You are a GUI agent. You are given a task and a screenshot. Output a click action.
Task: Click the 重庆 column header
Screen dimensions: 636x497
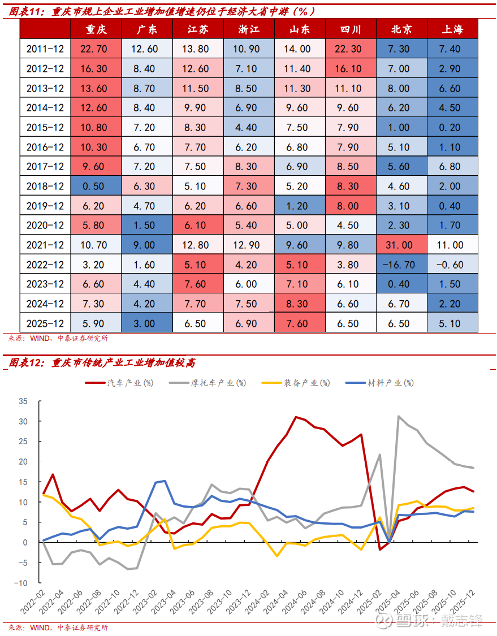[x=96, y=29]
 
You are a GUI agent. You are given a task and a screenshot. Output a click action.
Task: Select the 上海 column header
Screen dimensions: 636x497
[x=452, y=29]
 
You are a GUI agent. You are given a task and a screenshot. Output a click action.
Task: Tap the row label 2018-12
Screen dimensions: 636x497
[x=45, y=187]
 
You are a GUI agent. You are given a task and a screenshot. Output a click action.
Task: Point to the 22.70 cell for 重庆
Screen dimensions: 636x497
[x=96, y=49]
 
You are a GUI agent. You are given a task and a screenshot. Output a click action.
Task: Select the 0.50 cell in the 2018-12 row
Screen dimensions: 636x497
[x=96, y=187]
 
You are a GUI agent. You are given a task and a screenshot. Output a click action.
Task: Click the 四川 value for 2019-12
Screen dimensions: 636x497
[x=351, y=206]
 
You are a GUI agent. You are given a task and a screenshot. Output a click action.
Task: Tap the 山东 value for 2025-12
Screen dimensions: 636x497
[x=300, y=324]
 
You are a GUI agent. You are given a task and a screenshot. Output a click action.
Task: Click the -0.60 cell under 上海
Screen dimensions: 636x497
[x=452, y=265]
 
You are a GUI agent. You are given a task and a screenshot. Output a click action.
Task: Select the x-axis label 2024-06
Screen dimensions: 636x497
[x=300, y=602]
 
